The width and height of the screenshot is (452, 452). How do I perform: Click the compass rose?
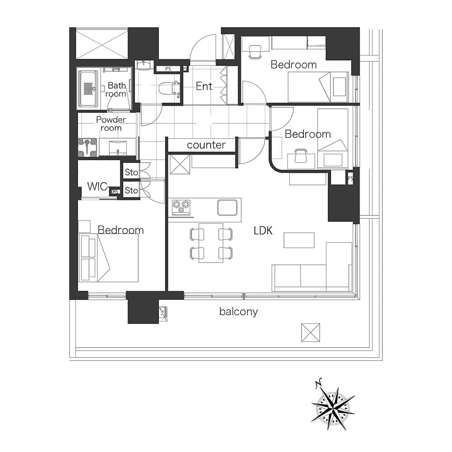(x=333, y=405)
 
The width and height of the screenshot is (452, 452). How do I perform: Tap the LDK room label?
(x=263, y=231)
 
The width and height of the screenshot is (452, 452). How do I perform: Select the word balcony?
(x=238, y=311)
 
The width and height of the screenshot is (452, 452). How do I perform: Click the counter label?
(x=206, y=145)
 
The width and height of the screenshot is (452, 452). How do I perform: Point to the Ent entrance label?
(x=204, y=86)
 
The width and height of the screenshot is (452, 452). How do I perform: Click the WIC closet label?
(x=97, y=187)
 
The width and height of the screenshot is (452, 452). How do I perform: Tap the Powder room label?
(x=111, y=124)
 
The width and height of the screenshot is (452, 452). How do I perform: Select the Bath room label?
(x=116, y=89)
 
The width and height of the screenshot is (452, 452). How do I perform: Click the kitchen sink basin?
(x=227, y=207)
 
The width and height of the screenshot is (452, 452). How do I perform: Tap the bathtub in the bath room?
(x=89, y=89)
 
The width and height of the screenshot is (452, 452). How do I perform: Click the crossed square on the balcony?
(x=311, y=333)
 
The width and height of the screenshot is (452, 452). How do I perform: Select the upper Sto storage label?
(x=131, y=172)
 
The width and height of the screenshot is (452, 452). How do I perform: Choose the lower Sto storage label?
(x=131, y=191)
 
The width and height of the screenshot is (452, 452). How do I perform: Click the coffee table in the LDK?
(x=299, y=240)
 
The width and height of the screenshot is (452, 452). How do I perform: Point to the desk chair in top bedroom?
(x=255, y=52)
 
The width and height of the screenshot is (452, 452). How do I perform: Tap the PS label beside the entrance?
(x=168, y=69)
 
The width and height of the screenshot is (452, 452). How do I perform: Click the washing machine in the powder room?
(x=87, y=147)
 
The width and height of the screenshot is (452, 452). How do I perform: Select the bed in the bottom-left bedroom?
(x=108, y=258)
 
